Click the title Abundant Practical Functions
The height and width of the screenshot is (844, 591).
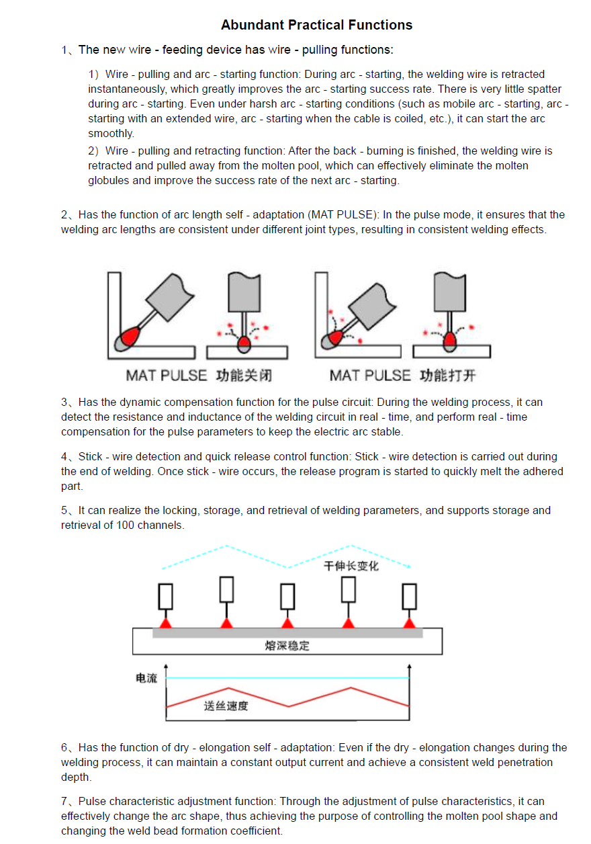(x=316, y=26)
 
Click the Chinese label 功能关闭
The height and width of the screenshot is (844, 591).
(x=243, y=375)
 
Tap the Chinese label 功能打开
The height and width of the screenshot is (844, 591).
(x=447, y=375)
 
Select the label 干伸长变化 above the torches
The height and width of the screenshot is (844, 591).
(x=351, y=566)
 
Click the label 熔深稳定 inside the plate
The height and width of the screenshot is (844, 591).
(x=287, y=646)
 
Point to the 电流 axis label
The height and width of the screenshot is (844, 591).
(x=146, y=678)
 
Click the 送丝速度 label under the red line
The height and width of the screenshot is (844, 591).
(x=226, y=706)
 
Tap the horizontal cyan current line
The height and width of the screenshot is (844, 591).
(x=289, y=678)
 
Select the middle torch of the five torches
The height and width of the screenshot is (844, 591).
(x=287, y=596)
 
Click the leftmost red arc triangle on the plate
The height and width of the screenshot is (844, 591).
(x=166, y=623)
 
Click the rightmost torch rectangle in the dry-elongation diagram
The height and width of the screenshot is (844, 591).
(x=409, y=596)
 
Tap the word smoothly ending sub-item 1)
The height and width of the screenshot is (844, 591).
(x=111, y=133)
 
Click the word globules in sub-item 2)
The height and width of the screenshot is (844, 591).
(x=107, y=180)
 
